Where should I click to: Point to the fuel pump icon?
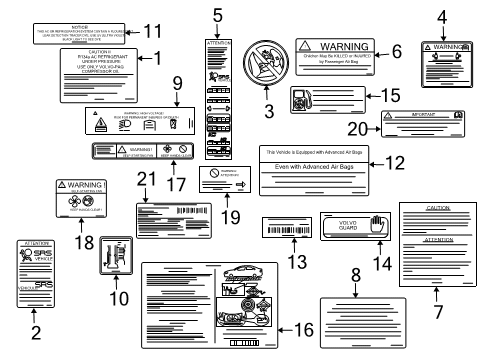point(299,100)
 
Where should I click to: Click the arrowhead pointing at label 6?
point(380,48)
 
